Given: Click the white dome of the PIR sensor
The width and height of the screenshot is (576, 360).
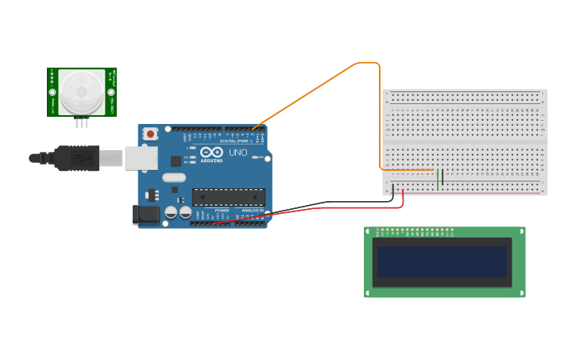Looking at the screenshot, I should tap(81, 91).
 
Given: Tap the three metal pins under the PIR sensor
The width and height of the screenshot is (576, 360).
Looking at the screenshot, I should tap(83, 122).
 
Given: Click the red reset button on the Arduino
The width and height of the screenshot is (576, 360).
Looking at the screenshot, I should tap(151, 135).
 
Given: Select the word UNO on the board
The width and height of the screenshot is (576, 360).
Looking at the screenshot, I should tap(238, 152).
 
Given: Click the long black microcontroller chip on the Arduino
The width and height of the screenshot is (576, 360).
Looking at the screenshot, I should tap(228, 197).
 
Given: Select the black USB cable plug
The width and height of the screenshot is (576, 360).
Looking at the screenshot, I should tap(76, 157).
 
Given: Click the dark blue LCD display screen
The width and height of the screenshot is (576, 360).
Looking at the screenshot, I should tap(442, 261).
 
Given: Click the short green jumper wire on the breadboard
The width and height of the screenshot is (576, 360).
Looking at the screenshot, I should tap(438, 180).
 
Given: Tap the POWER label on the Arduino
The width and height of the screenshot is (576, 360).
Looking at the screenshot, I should tap(222, 210).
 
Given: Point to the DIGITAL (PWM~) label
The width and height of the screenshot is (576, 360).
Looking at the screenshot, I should tap(236, 141).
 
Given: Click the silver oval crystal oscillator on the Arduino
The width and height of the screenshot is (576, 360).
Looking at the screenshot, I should tap(174, 178).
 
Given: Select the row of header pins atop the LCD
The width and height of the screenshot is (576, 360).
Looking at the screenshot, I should tap(415, 232).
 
